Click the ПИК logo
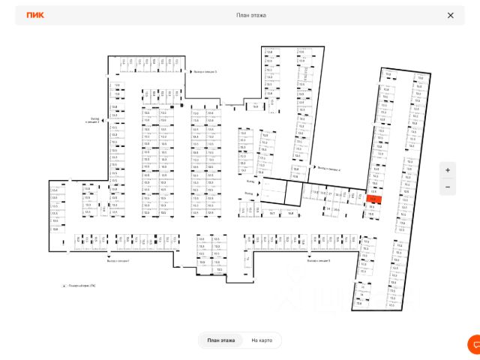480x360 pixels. coord(34,15)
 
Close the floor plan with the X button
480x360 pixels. coord(450,15)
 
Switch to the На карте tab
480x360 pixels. coord(262,340)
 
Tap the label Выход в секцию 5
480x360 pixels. coord(205,73)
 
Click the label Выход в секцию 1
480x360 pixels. coord(118,261)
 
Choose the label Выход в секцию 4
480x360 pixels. coord(329,169)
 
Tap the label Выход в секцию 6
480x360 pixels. coord(318,261)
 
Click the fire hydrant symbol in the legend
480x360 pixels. coord(64,286)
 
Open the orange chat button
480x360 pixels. coord(474,343)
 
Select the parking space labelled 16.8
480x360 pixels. coord(290,212)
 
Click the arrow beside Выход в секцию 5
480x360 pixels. coord(188,73)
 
